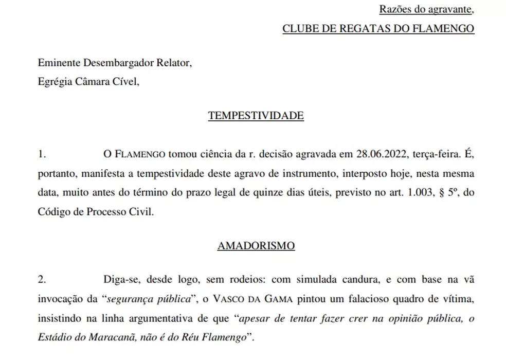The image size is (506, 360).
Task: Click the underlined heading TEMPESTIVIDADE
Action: tap(256, 116)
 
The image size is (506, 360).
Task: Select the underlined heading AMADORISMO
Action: tap(256, 246)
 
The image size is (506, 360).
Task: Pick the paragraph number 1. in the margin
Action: tap(42, 154)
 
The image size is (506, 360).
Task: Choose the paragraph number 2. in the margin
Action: tap(42, 279)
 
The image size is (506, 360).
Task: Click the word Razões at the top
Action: tap(393, 9)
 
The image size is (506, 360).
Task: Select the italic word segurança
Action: tap(126, 299)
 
